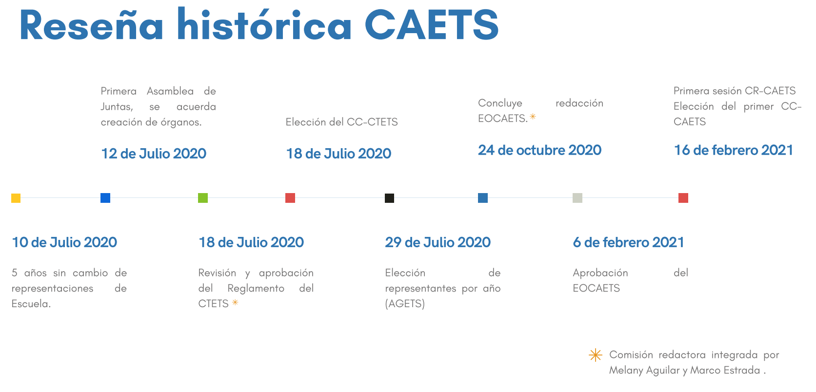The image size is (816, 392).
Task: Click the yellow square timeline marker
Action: pos(16,198)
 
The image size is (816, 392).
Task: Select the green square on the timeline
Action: pos(203,198)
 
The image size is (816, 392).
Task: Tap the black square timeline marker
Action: pos(389,198)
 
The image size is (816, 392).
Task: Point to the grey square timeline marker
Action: pos(577,198)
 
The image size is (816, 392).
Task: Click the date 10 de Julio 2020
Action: pos(64,242)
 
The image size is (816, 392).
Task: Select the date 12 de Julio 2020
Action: pos(154,154)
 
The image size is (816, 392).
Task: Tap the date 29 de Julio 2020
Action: pos(438,242)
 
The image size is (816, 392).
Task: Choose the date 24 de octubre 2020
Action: pos(540,150)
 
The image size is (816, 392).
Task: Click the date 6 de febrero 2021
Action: pos(629,242)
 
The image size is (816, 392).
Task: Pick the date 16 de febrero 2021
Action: pos(734,150)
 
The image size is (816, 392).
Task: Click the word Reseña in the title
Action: pos(91,25)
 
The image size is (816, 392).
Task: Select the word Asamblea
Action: pos(170,91)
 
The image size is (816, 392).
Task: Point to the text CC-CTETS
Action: pos(372,122)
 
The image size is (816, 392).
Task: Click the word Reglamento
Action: pos(256,288)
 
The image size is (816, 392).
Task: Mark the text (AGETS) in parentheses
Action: pos(405,303)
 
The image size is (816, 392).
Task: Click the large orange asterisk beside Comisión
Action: pos(596,355)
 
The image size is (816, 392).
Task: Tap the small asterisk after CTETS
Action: pos(235,302)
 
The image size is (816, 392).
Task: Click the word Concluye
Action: pos(500,103)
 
